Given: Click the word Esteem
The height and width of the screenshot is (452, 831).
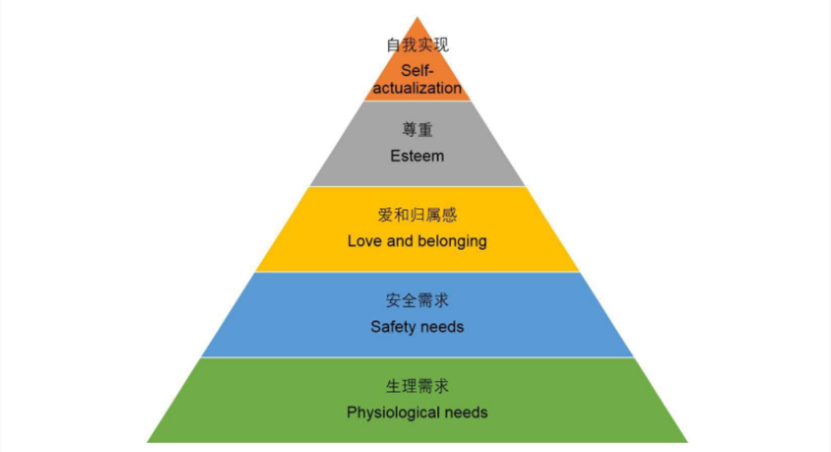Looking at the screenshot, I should [417, 156].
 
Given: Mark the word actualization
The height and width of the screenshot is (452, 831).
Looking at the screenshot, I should [418, 88].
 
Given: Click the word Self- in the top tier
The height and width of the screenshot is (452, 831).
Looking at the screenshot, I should [417, 70].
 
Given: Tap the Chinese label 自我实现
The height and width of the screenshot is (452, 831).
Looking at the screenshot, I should [418, 46].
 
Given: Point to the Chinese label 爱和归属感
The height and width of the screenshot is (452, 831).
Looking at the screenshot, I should [417, 215].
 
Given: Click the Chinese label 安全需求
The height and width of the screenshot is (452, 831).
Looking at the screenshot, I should [417, 301].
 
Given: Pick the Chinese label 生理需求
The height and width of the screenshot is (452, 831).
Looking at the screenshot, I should [417, 386].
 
